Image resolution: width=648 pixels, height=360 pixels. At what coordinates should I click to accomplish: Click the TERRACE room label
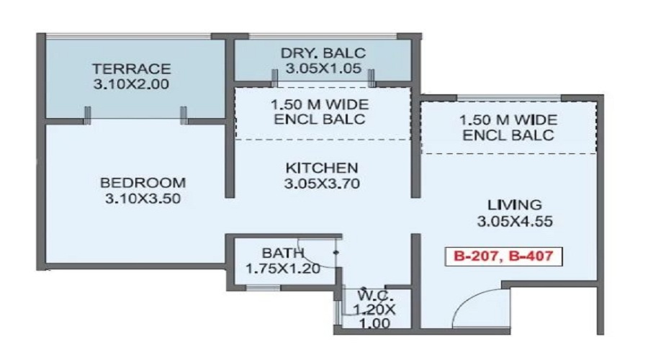coord(132,69)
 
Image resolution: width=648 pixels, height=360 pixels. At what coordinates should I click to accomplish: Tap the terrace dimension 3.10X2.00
coord(132,84)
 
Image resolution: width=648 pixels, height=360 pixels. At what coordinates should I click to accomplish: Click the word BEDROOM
coord(143,182)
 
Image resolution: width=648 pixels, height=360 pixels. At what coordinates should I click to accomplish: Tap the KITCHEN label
coord(322,168)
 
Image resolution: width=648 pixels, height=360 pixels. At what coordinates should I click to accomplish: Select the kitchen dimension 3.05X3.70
coord(322,184)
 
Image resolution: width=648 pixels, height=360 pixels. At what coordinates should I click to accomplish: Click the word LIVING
coord(514,205)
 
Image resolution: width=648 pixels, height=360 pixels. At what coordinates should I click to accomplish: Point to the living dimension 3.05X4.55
coord(514,221)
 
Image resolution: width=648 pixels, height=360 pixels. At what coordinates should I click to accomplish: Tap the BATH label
coord(277,253)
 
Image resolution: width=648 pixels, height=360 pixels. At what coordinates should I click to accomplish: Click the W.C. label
coord(373,295)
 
